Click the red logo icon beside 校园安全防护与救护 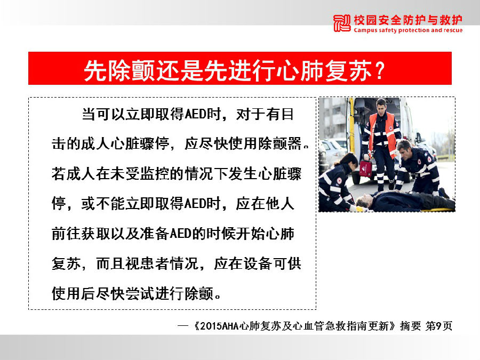click(342, 23)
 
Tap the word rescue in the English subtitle click(453, 30)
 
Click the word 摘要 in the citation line click(410, 326)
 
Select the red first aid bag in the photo click(365, 169)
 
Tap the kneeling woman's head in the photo click(349, 160)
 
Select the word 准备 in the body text click(155, 234)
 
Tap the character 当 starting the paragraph click(89, 114)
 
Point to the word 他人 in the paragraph click(280, 204)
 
